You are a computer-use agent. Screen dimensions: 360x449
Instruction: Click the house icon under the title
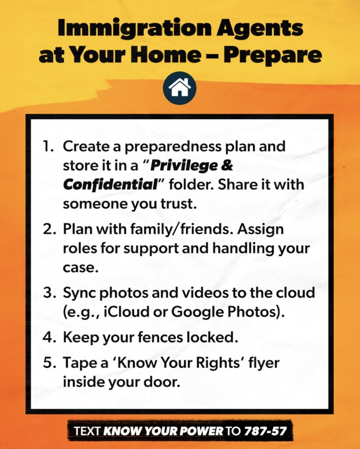pos(180,88)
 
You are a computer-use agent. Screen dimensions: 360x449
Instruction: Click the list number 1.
pos(49,146)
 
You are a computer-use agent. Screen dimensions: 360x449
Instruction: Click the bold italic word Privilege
pos(183,166)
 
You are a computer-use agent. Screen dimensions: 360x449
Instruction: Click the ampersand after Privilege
pos(227,165)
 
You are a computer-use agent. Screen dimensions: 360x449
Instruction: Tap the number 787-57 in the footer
pos(265,431)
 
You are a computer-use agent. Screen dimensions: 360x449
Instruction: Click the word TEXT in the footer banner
pos(87,431)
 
